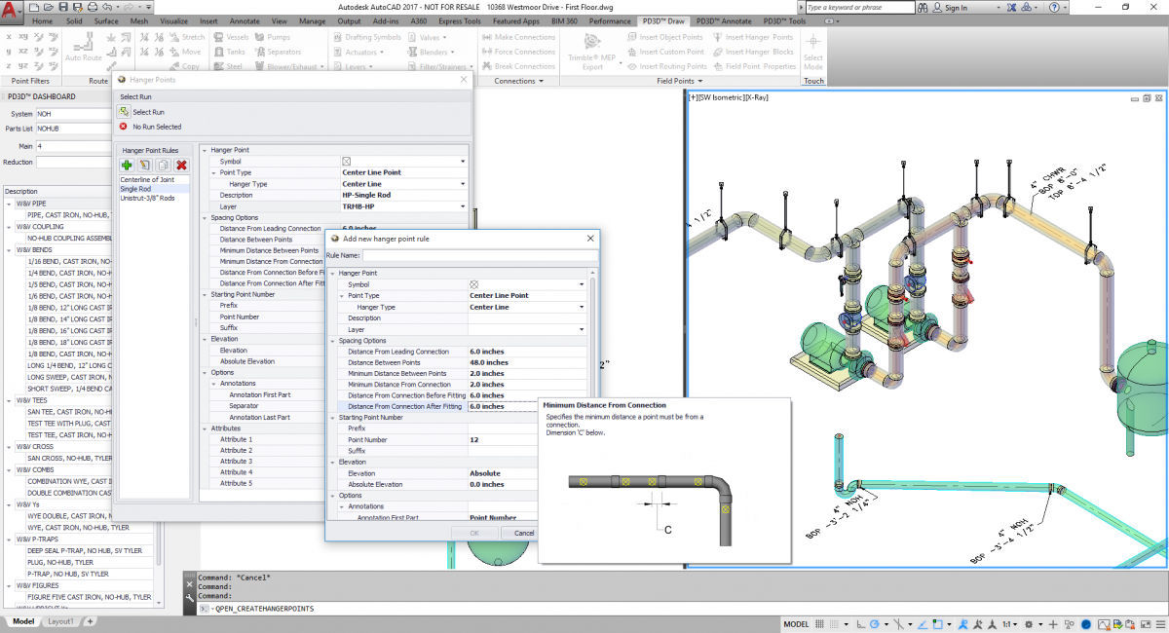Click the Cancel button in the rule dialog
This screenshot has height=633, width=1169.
click(524, 533)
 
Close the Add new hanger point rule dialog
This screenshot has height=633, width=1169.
click(590, 238)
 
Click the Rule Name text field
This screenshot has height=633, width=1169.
click(479, 255)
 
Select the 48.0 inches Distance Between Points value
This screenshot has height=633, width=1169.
click(489, 362)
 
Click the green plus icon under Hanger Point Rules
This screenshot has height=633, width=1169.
click(127, 166)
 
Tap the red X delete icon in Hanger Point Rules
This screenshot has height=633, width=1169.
click(181, 166)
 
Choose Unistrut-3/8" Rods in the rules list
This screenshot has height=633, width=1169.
click(146, 198)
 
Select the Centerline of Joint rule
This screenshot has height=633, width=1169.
click(147, 180)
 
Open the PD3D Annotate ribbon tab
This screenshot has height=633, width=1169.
click(723, 20)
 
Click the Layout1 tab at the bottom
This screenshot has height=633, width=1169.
click(60, 621)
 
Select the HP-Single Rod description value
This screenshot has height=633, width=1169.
click(366, 195)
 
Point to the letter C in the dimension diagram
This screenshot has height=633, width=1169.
click(668, 530)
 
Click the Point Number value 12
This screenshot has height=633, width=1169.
click(474, 439)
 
